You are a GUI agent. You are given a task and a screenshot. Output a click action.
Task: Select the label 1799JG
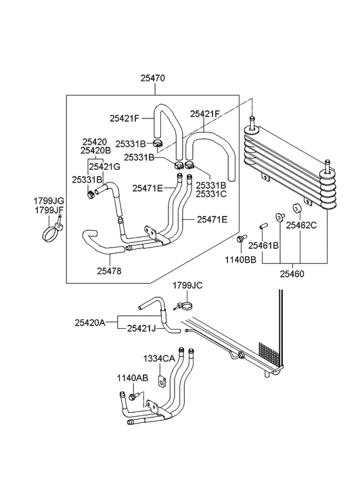point(49,201)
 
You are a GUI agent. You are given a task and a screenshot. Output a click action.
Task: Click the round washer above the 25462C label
point(296,208)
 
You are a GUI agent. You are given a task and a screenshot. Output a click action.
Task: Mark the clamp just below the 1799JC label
point(186,306)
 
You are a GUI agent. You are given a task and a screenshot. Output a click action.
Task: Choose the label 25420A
point(90,323)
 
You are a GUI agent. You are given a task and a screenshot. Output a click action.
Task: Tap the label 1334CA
point(158,359)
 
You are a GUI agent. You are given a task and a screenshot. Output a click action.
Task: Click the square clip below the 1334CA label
point(162,380)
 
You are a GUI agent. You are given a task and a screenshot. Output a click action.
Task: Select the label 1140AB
point(132,379)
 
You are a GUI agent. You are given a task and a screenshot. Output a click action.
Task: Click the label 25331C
point(211,194)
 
